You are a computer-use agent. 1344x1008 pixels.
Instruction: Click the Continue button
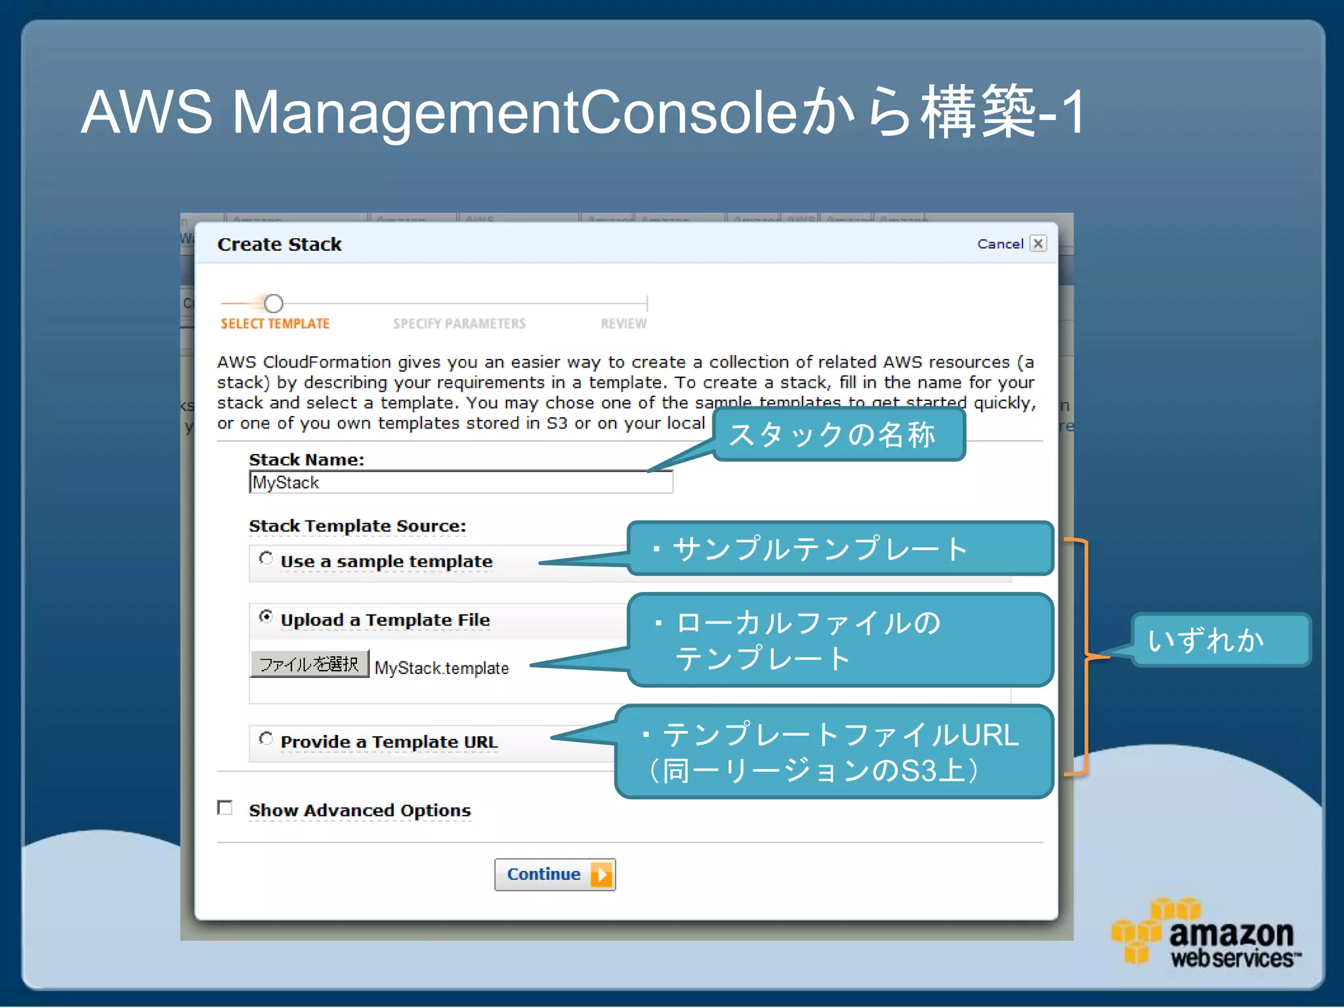point(555,874)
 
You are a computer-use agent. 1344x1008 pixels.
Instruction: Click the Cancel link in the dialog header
point(999,244)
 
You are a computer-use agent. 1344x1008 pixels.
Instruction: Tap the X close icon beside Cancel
point(1038,243)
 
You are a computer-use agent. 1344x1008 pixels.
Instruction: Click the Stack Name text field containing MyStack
point(461,482)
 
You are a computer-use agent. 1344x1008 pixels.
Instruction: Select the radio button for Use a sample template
point(266,558)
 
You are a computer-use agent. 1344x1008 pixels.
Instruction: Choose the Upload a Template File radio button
point(266,616)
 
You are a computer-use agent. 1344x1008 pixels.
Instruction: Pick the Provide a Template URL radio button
point(266,738)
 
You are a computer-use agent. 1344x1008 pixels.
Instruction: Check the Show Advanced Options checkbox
point(225,807)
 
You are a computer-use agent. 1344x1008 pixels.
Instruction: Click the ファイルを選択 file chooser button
point(309,664)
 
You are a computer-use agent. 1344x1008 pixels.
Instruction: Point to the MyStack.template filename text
point(442,668)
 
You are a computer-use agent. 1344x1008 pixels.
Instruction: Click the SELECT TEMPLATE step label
point(275,324)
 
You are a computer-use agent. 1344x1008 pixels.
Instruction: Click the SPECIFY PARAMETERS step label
point(459,324)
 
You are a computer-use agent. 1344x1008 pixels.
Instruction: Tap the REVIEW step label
point(623,324)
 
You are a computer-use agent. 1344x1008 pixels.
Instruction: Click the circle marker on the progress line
point(274,303)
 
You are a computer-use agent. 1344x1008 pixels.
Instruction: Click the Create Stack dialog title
point(280,244)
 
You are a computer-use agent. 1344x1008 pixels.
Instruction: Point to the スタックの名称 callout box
point(838,434)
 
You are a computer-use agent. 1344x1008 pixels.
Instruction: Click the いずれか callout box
point(1219,640)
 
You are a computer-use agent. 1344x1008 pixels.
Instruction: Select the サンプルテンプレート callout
point(839,549)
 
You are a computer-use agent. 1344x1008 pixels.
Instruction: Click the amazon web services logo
point(1206,934)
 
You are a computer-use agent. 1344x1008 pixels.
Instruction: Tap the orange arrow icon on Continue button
point(601,874)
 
